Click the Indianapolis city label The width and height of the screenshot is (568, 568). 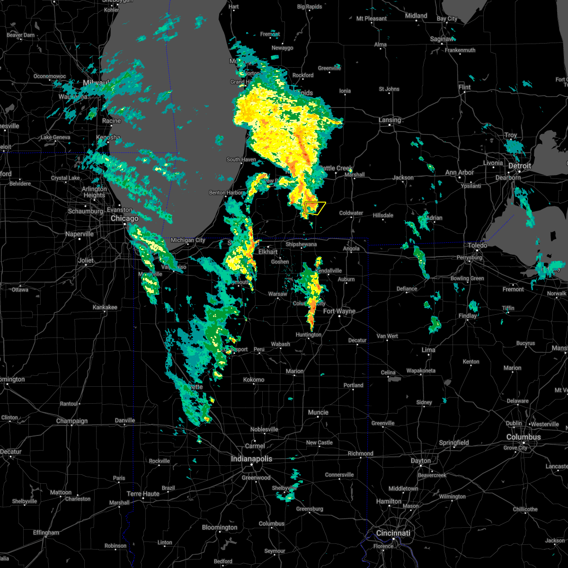(x=252, y=459)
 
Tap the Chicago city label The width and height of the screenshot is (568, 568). (x=124, y=219)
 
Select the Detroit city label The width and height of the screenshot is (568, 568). (x=520, y=166)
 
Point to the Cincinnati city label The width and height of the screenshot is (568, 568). (x=393, y=533)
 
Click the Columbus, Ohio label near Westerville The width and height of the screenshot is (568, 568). (x=523, y=437)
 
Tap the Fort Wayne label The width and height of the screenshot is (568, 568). (x=339, y=311)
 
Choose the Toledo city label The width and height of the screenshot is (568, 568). (x=477, y=245)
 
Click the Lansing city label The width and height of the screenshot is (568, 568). (x=390, y=120)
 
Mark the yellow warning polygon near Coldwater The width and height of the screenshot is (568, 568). (x=315, y=208)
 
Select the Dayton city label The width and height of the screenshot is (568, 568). (x=420, y=461)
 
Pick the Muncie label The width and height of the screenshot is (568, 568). (x=318, y=412)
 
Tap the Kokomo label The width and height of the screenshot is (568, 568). (x=254, y=380)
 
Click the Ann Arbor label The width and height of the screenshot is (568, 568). (x=459, y=173)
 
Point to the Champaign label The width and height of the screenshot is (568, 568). (x=71, y=421)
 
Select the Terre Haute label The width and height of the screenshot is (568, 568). (x=143, y=494)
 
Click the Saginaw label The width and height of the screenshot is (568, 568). (x=441, y=39)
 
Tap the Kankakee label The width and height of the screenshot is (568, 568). (x=105, y=307)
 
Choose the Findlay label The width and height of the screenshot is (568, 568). (x=467, y=316)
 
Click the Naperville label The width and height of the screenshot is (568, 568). (x=80, y=234)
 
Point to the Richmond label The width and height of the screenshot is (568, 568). (x=360, y=453)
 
